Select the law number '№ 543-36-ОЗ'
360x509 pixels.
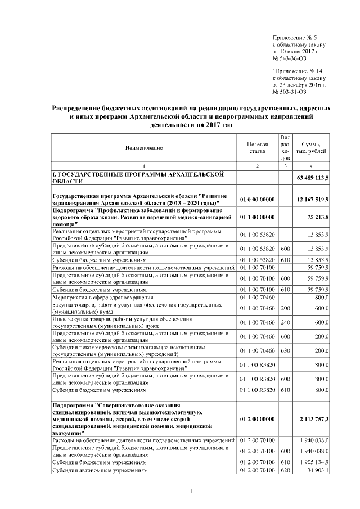click(x=289, y=58)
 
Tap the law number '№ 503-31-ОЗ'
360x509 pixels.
click(x=289, y=91)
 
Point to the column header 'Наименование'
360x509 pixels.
click(x=143, y=147)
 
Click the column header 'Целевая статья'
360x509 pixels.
click(x=256, y=147)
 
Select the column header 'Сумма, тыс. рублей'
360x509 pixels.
click(x=311, y=147)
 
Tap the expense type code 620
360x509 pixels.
click(x=285, y=470)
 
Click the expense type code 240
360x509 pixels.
click(x=285, y=322)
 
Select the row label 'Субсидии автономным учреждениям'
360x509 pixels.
click(x=100, y=470)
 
